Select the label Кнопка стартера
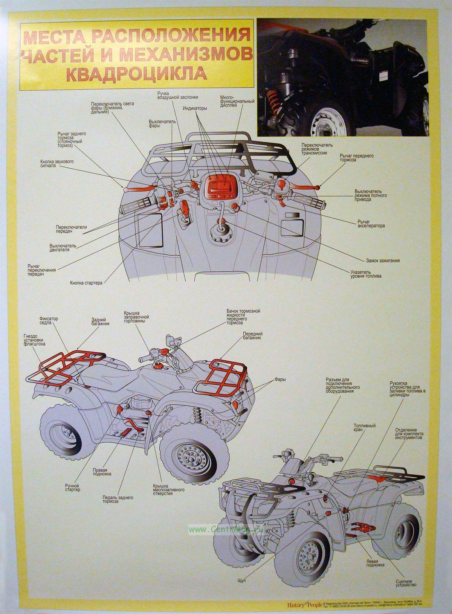(86, 282)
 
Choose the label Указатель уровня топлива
(366, 274)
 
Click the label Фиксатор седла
(49, 320)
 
